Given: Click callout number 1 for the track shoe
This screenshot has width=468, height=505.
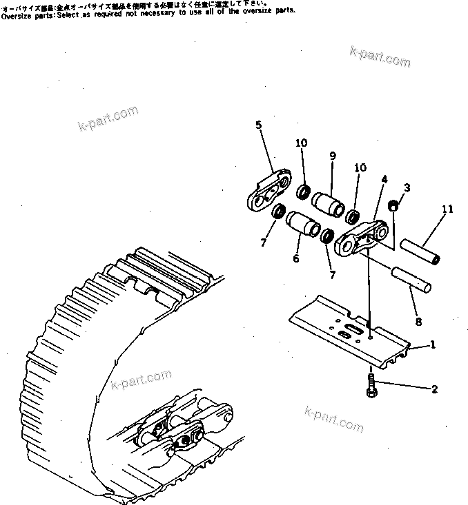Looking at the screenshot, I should click(432, 344).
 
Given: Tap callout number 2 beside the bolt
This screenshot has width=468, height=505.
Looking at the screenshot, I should click(434, 389).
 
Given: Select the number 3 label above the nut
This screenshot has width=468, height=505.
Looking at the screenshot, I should click(407, 187).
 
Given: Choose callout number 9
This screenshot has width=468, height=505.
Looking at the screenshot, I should click(332, 156).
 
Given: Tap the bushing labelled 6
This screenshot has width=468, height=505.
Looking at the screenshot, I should click(301, 225).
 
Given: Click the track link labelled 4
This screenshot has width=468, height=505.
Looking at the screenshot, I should click(359, 238).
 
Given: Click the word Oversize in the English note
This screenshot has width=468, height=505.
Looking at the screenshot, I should click(14, 14).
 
